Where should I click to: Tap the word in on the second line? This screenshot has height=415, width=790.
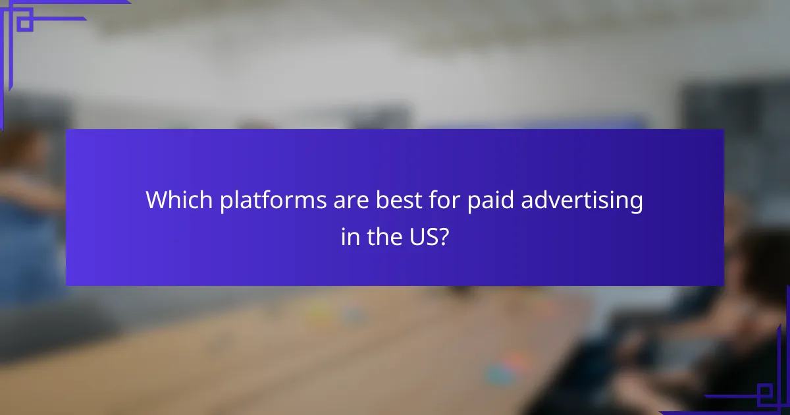click(x=349, y=236)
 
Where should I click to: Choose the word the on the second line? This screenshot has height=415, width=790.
click(x=379, y=236)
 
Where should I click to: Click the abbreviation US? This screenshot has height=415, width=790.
click(x=419, y=236)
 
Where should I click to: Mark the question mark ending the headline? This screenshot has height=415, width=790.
click(x=444, y=236)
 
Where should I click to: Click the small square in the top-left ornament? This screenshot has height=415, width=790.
click(x=24, y=24)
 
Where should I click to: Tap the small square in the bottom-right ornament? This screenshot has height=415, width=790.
click(x=765, y=395)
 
